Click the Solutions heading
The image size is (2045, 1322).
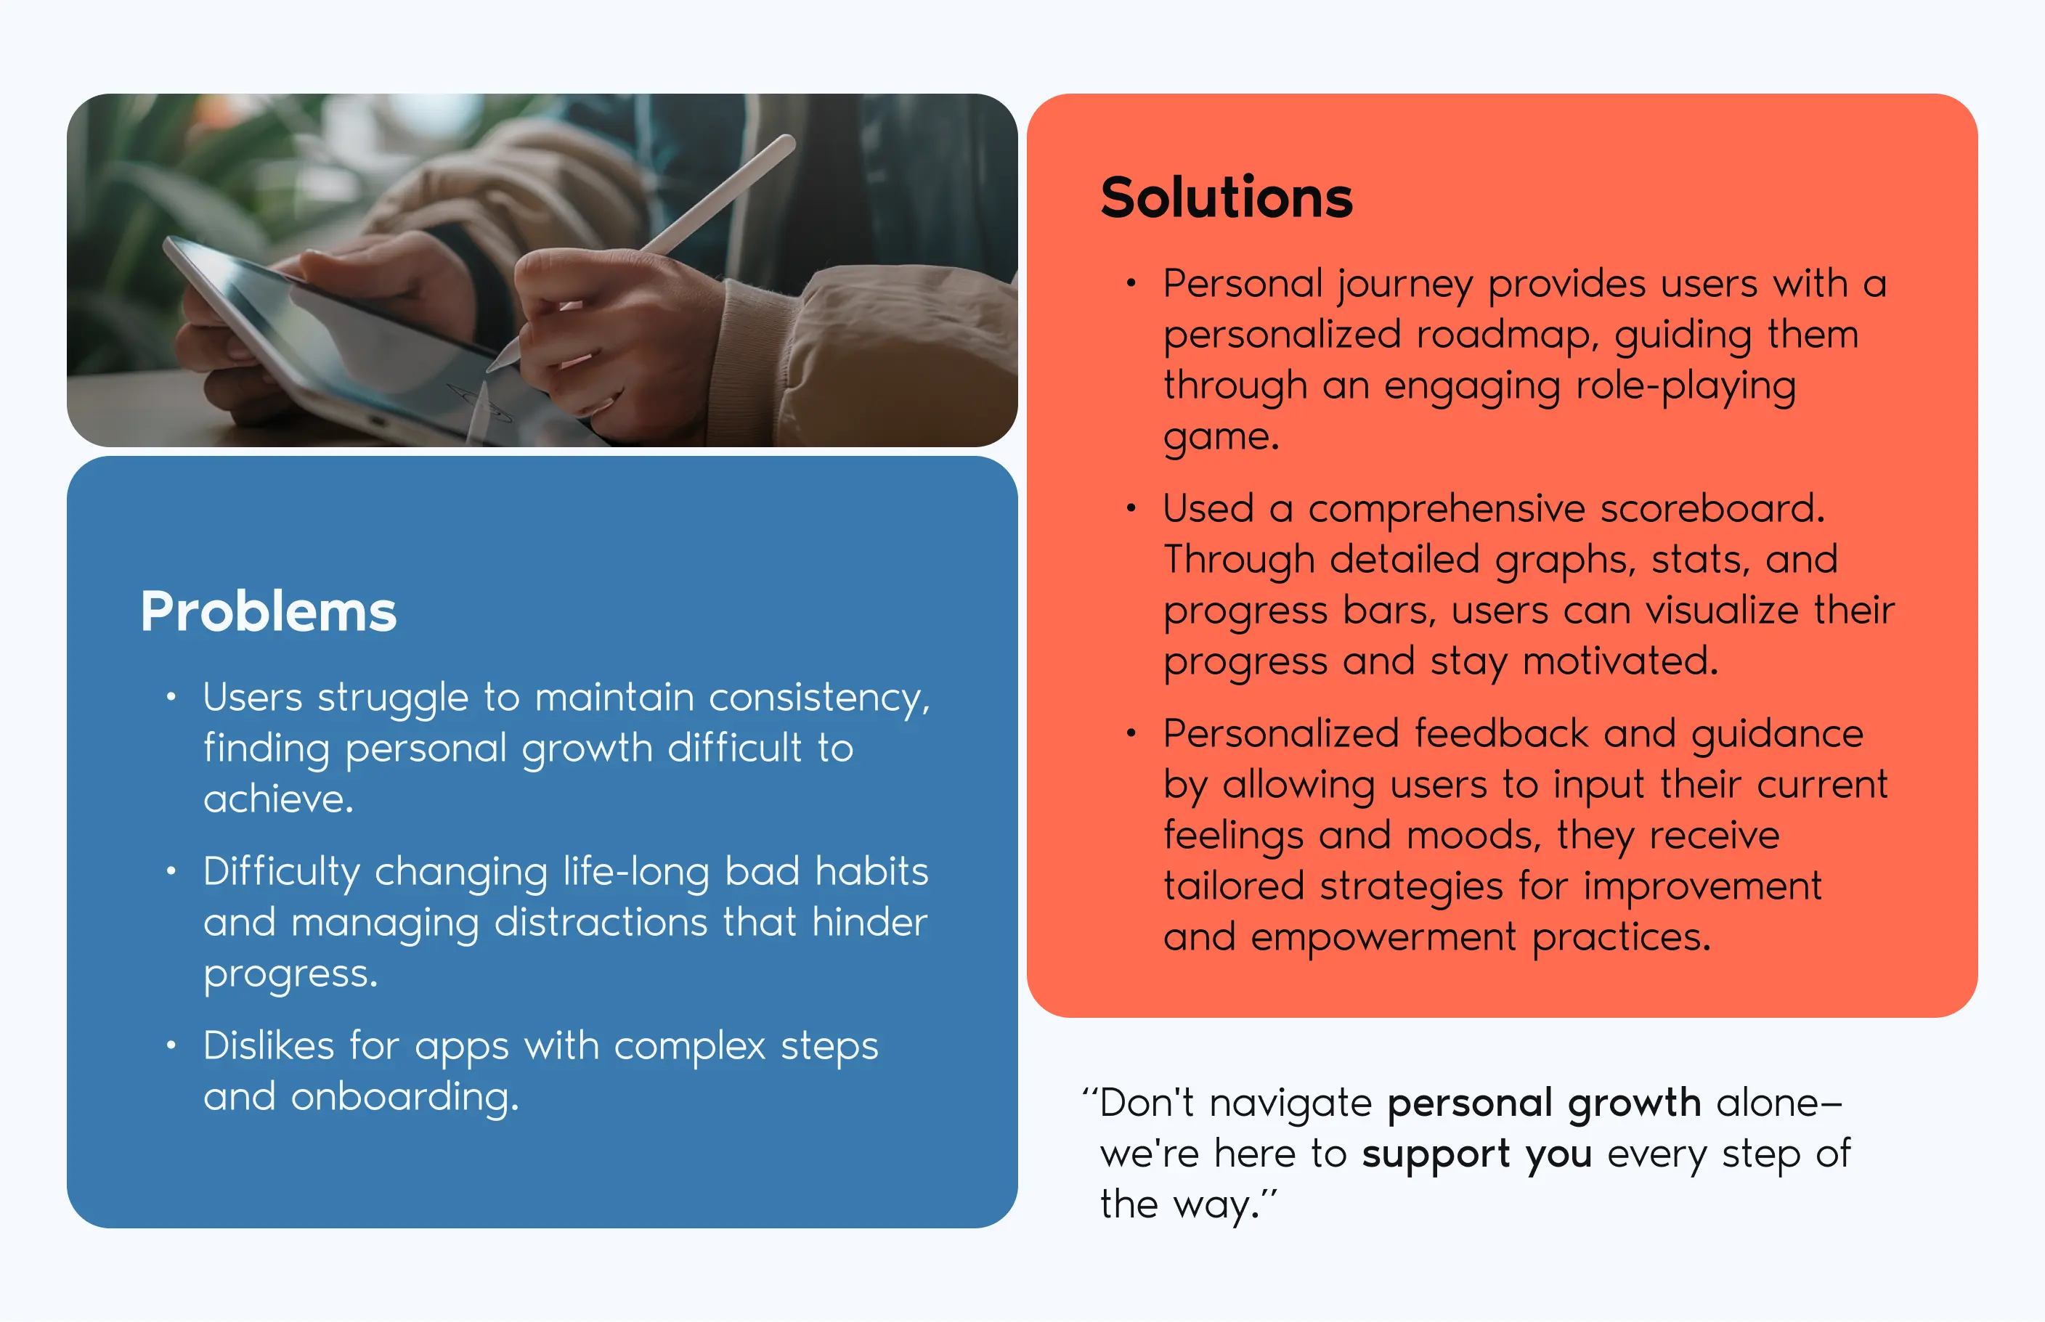point(1226,197)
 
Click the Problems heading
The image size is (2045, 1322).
point(269,611)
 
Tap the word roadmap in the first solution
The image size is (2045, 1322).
point(1507,334)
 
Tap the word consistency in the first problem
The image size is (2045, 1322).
point(819,698)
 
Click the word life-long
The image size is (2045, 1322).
point(636,871)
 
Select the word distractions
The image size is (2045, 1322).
point(601,923)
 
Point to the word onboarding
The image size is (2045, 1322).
point(404,1097)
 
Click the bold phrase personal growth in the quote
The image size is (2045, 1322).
point(1544,1103)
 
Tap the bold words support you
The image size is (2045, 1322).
point(1476,1154)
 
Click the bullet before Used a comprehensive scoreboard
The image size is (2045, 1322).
point(1131,509)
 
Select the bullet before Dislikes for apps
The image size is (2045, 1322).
point(171,1045)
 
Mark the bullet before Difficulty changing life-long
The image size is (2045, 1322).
point(171,871)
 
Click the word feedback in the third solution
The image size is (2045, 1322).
point(1500,734)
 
